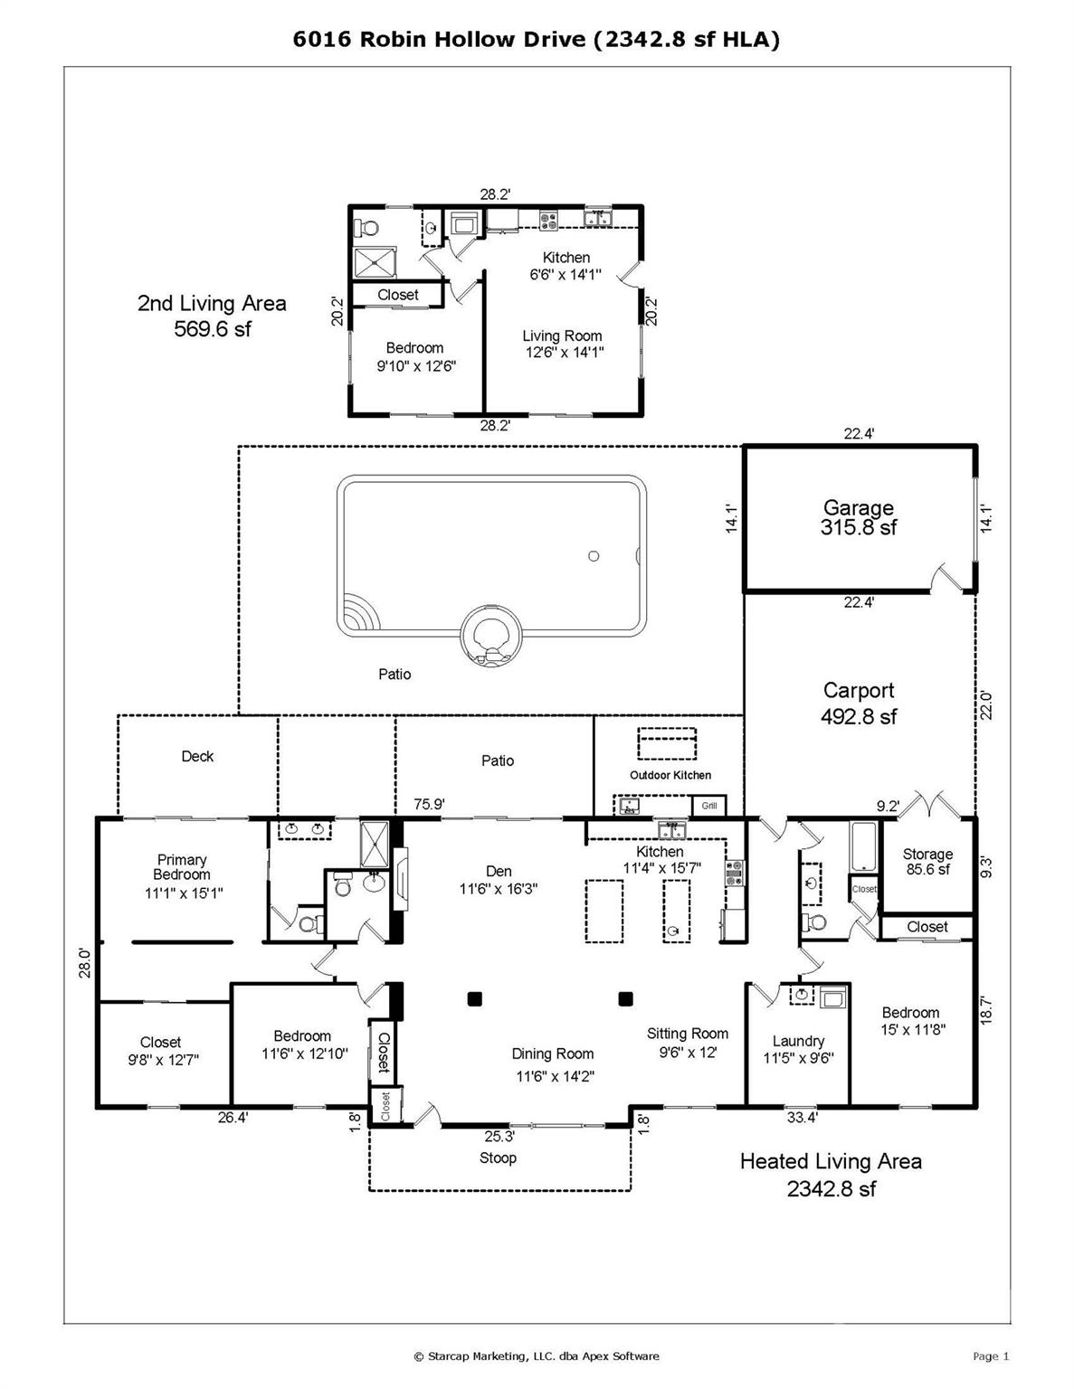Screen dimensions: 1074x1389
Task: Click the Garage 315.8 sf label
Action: pyautogui.click(x=859, y=517)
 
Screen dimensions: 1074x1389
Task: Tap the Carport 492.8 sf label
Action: pyautogui.click(x=859, y=704)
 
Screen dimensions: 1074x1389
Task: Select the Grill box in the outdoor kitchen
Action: pyautogui.click(x=709, y=806)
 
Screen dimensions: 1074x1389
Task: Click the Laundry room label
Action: pyautogui.click(x=798, y=1041)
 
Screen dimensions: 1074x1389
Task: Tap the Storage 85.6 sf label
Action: pyautogui.click(x=927, y=862)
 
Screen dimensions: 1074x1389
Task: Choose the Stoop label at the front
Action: pyautogui.click(x=498, y=1157)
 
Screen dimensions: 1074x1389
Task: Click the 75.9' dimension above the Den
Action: pyautogui.click(x=428, y=804)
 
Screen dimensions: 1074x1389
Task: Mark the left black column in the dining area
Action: pyautogui.click(x=474, y=998)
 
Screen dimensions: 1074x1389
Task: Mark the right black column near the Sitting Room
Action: pyautogui.click(x=625, y=998)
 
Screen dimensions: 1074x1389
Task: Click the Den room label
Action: pyautogui.click(x=499, y=871)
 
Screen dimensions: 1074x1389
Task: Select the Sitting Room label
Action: pyautogui.click(x=688, y=1034)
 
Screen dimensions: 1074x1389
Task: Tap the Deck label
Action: pyautogui.click(x=197, y=756)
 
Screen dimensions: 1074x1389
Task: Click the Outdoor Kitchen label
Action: pyautogui.click(x=670, y=775)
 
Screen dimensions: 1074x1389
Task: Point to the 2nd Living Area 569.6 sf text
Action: pyautogui.click(x=213, y=316)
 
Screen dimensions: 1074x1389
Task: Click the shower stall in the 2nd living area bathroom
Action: pyautogui.click(x=375, y=262)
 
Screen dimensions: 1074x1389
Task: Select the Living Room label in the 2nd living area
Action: pyautogui.click(x=563, y=335)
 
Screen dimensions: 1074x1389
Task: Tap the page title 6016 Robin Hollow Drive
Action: pyautogui.click(x=439, y=40)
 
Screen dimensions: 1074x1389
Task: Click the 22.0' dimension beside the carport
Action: pyautogui.click(x=986, y=705)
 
